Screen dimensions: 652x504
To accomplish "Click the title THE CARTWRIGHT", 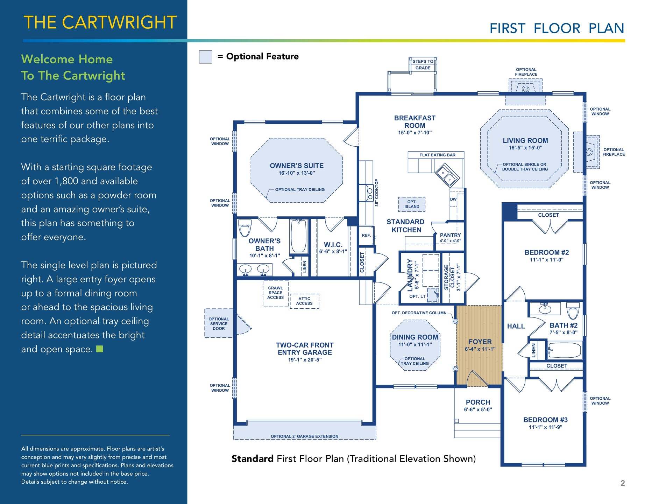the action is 100,22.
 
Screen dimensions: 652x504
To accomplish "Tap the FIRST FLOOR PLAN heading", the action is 557,28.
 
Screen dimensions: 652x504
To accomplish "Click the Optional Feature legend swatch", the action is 205,57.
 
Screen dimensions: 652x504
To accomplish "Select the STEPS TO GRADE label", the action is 423,65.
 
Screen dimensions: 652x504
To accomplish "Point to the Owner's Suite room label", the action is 297,166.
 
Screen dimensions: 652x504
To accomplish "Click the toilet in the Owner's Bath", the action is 244,227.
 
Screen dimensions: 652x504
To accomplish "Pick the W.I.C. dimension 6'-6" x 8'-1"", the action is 333,251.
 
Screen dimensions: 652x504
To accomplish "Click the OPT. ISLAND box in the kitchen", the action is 412,204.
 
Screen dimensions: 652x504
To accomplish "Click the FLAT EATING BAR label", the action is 437,155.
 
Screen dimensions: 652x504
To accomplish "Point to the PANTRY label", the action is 450,235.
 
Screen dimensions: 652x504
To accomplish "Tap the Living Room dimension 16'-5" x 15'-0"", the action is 525,148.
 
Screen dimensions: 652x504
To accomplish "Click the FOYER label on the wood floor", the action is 480,342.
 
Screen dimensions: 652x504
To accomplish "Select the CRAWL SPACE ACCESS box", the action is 276,293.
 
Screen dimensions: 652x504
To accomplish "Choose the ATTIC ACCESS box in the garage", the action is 304,301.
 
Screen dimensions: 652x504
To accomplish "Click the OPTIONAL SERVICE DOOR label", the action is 219,324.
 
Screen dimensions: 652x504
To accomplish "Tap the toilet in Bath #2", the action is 573,310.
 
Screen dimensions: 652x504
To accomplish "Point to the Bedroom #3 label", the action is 545,420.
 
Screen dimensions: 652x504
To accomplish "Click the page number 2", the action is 623,483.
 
